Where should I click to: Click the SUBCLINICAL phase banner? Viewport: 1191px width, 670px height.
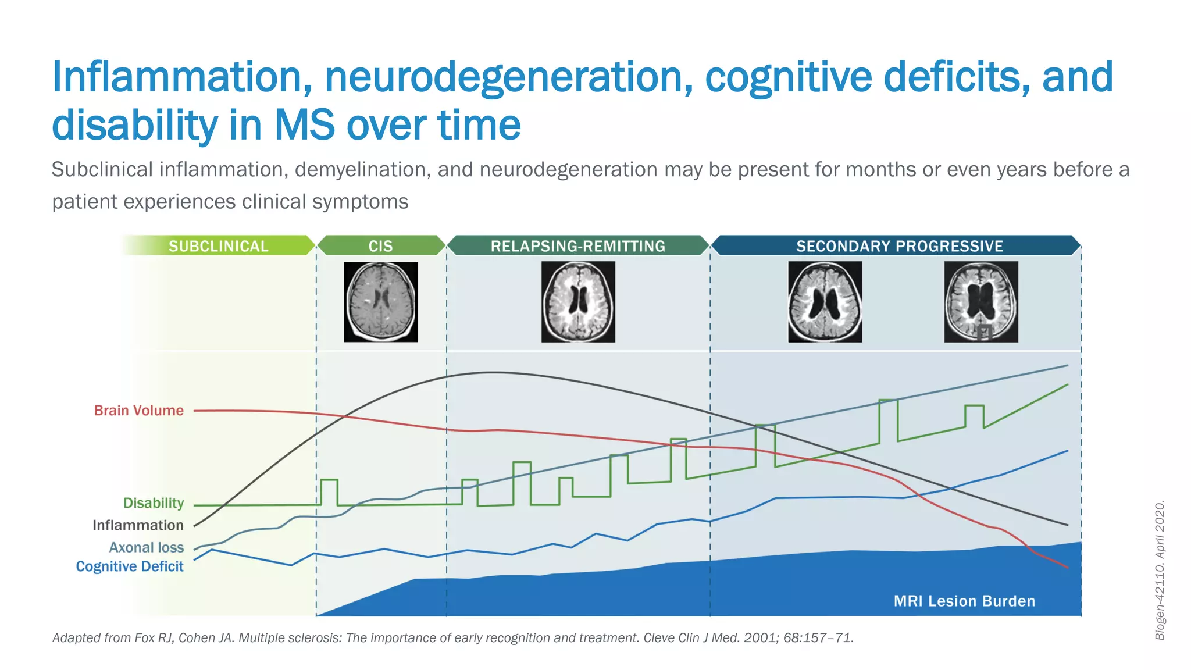[x=218, y=246]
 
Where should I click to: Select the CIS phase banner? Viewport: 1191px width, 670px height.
[x=381, y=246]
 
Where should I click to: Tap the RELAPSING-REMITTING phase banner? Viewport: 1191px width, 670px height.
[x=577, y=246]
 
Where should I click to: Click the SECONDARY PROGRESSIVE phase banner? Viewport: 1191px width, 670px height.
[x=899, y=246]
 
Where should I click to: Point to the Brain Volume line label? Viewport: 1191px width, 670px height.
[x=138, y=411]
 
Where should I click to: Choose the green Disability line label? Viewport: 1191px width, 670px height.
[x=153, y=503]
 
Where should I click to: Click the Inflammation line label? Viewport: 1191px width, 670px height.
[x=138, y=525]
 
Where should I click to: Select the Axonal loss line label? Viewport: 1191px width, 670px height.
[x=146, y=547]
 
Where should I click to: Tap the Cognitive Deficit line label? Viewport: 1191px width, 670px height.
[x=129, y=566]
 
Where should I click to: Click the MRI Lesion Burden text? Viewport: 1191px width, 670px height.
[x=964, y=601]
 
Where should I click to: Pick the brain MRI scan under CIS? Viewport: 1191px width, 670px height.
[x=381, y=301]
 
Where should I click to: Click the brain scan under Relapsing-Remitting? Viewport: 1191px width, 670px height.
[x=578, y=301]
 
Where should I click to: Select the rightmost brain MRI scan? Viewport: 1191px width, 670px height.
[x=981, y=301]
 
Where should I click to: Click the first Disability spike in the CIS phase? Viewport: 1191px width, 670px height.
[x=329, y=480]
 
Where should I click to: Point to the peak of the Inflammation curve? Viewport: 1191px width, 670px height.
[x=492, y=373]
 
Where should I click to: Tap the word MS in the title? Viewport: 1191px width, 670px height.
[x=305, y=125]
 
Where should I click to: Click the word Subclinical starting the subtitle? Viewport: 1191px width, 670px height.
[x=102, y=170]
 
